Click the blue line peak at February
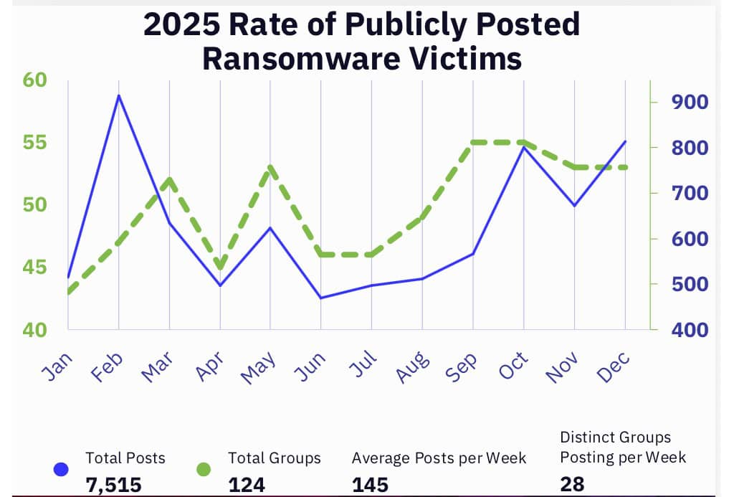point(118,95)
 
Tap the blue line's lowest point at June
point(320,298)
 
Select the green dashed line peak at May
point(270,167)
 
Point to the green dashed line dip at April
point(220,268)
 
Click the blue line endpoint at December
point(625,141)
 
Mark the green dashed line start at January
point(68,293)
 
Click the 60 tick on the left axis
point(35,80)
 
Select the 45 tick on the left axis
point(35,268)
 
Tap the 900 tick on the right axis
point(689,102)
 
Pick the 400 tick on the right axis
point(689,330)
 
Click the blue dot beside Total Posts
point(61,470)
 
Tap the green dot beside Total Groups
point(204,470)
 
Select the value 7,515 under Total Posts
point(113,486)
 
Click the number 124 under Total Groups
point(247,486)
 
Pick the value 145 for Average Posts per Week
point(370,486)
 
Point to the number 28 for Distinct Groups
point(572,484)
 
